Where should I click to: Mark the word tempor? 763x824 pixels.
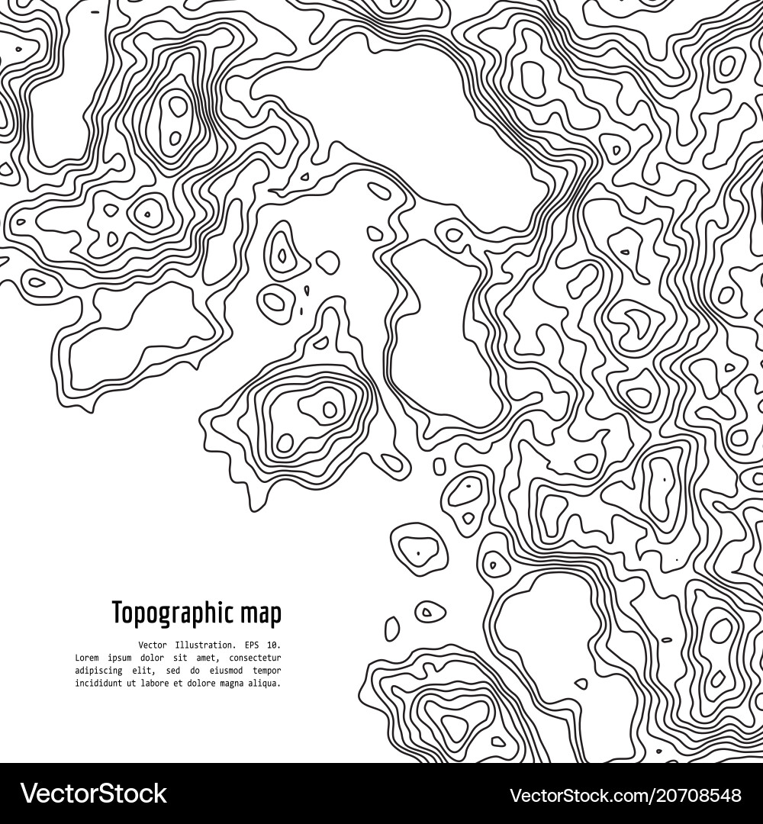[x=267, y=671]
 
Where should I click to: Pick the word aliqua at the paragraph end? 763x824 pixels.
[x=265, y=684]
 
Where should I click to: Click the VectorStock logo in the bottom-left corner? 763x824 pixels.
[x=93, y=794]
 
